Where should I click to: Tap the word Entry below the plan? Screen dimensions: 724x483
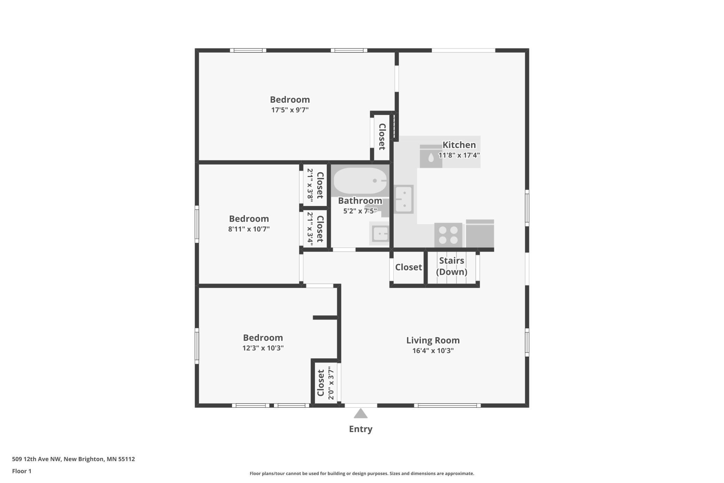pos(361,429)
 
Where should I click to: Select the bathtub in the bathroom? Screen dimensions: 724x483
pos(360,181)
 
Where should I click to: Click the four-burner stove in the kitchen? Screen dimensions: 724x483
pos(448,235)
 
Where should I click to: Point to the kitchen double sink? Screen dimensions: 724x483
pos(404,199)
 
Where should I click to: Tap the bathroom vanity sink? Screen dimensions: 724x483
pos(380,233)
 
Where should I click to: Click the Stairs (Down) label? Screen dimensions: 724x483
pos(451,266)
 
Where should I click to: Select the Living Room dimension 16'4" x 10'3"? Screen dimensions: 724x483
pos(433,351)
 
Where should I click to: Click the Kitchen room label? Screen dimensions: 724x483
pos(459,145)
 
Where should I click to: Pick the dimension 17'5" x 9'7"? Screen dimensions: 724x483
pos(290,110)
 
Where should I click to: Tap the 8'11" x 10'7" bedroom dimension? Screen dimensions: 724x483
pos(249,229)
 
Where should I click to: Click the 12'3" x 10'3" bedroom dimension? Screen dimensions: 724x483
pos(263,348)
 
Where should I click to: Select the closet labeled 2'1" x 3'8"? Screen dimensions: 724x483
pos(315,185)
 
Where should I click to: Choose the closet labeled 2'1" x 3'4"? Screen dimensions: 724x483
pos(315,229)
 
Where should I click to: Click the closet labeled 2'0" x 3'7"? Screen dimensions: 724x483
pos(325,383)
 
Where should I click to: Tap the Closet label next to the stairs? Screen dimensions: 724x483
pos(408,267)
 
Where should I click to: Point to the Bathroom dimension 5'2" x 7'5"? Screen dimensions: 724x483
pos(360,211)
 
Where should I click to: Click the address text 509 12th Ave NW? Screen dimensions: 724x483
pos(37,459)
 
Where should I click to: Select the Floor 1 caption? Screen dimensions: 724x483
pos(22,471)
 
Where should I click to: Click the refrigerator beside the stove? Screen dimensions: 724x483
pos(480,233)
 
